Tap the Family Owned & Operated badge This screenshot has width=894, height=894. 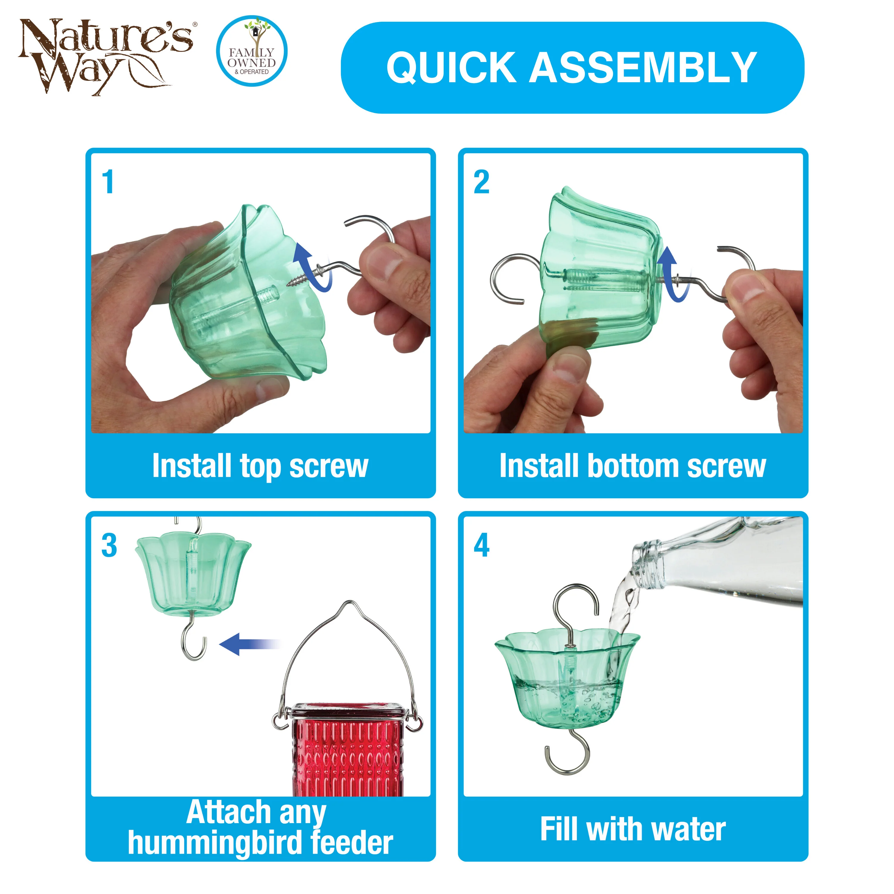pos(252,51)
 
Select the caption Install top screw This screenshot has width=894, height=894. pos(260,466)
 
